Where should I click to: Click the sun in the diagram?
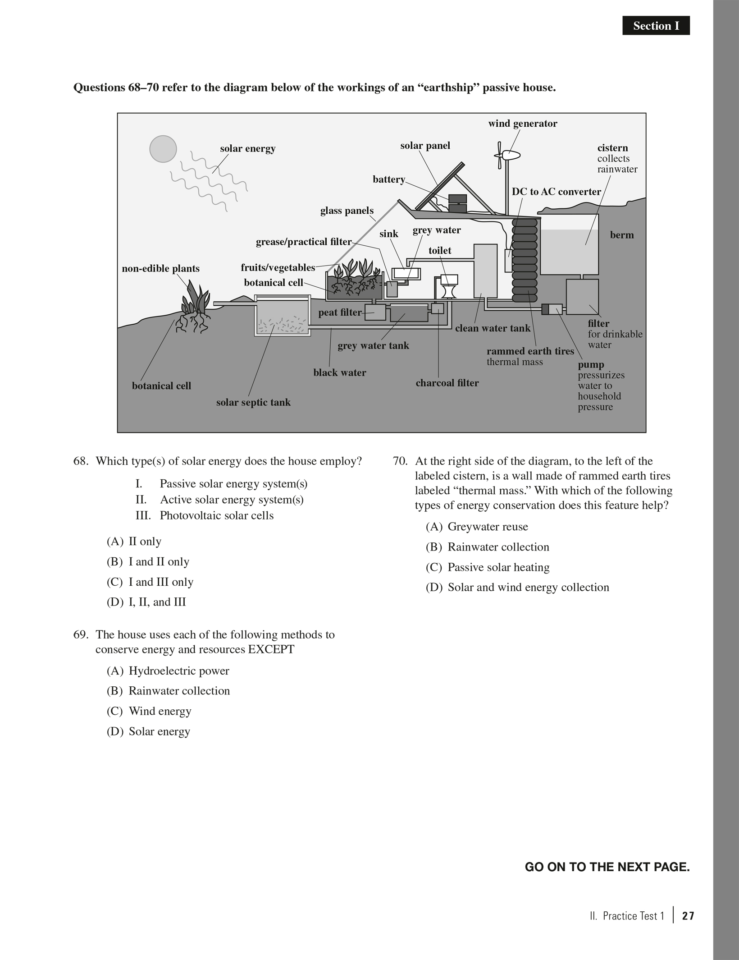tap(163, 149)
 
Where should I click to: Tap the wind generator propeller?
tap(500, 155)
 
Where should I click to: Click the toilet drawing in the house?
tap(449, 286)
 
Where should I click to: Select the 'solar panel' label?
tap(425, 146)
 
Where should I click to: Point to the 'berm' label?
tap(621, 235)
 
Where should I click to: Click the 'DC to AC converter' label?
tap(556, 192)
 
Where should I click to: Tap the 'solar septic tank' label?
tap(253, 402)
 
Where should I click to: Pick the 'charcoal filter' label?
tap(447, 383)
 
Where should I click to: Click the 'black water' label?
tap(340, 372)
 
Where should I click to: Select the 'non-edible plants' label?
tap(160, 269)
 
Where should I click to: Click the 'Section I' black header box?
tap(656, 26)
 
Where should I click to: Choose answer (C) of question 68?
tap(150, 582)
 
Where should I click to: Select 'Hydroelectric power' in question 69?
tap(179, 671)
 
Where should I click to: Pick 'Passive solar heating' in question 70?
tap(498, 567)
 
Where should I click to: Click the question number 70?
tap(400, 461)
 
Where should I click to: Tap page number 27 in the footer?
tap(688, 916)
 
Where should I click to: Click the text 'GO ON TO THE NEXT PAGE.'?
tap(607, 867)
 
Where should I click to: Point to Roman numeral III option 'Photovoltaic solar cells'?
tap(216, 515)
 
